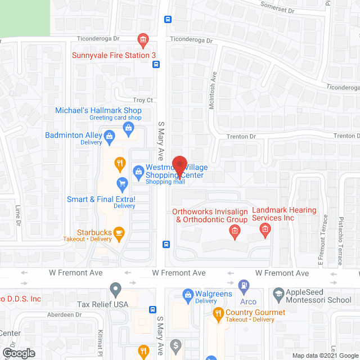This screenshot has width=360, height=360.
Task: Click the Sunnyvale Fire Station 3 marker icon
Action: (x=143, y=40)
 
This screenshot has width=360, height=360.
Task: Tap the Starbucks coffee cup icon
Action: (x=119, y=232)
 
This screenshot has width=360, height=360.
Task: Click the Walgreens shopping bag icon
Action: (x=188, y=294)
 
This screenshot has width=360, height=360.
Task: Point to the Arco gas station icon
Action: (x=244, y=286)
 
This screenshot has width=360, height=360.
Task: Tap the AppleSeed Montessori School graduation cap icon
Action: (x=278, y=294)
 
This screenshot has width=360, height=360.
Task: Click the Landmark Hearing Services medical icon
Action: (x=265, y=229)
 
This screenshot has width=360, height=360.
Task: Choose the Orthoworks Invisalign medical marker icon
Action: (x=235, y=230)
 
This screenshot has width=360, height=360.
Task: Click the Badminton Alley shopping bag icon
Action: (x=110, y=135)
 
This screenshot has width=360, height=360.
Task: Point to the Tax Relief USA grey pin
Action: (x=115, y=290)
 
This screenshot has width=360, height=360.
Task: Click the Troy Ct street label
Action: (x=141, y=100)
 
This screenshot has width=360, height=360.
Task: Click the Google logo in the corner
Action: (x=18, y=353)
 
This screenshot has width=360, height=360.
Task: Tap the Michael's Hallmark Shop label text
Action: (x=98, y=111)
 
